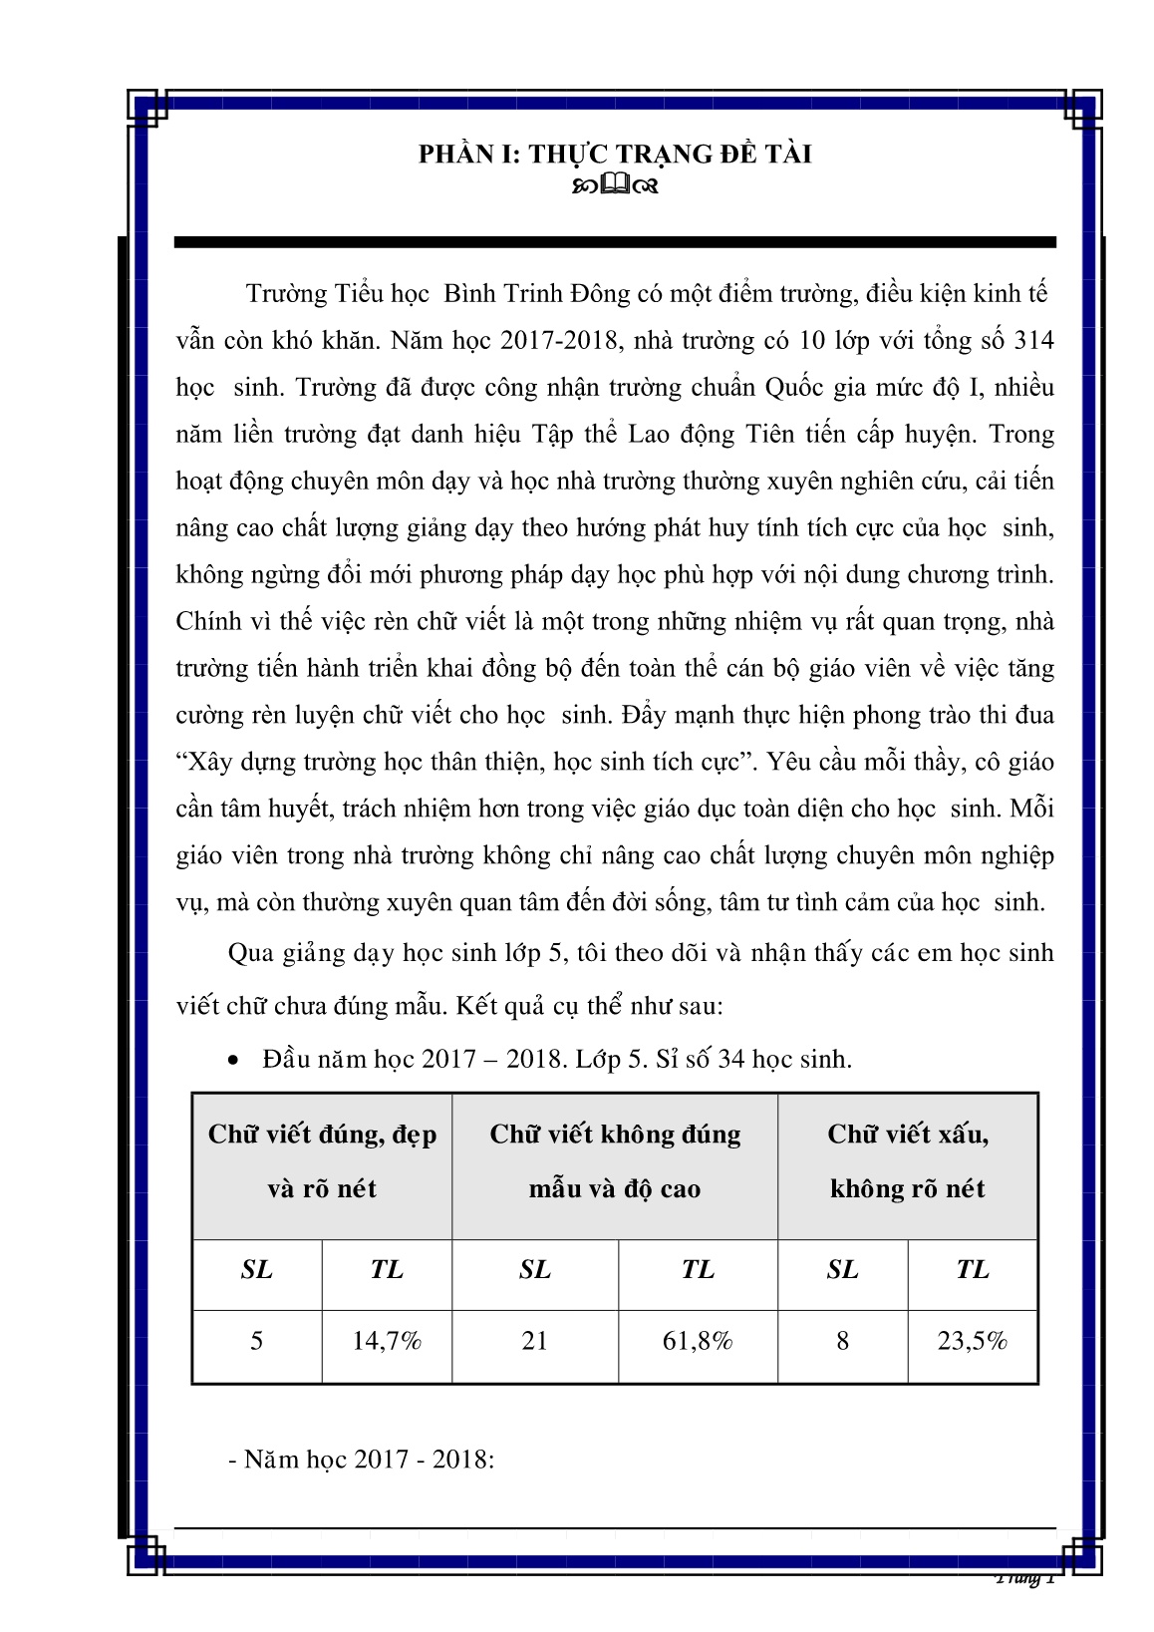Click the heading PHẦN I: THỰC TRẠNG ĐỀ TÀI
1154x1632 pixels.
coord(614,154)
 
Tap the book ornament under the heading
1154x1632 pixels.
coord(615,185)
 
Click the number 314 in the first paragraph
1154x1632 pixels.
coord(1033,340)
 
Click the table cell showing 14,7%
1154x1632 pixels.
coord(387,1341)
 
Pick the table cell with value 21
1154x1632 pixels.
coord(534,1341)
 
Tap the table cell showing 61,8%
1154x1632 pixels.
coord(698,1341)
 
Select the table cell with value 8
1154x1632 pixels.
coord(842,1341)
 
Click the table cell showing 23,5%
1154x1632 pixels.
coord(972,1341)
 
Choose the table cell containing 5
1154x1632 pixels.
coord(256,1341)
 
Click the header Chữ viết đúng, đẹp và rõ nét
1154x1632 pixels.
coord(322,1161)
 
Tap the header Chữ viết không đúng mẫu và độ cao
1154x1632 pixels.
coord(615,1161)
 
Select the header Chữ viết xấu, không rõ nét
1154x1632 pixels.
coord(907,1161)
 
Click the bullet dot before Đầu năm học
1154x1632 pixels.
coord(233,1062)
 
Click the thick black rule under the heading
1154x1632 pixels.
coord(614,242)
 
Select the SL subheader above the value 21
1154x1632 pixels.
coord(534,1269)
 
